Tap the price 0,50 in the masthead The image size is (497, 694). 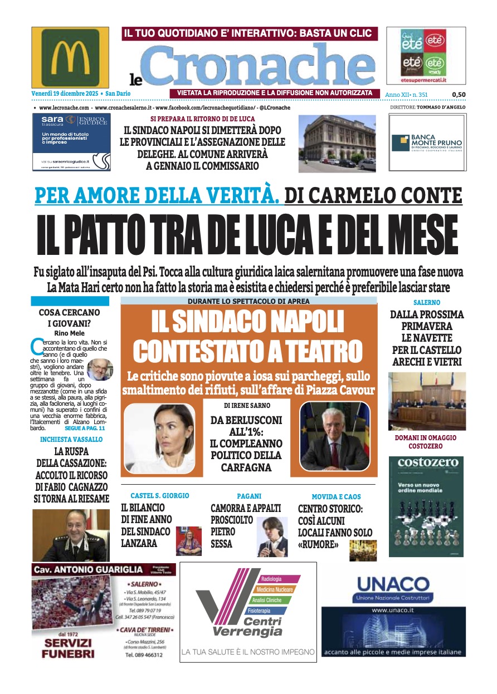point(459,95)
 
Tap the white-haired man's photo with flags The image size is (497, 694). point(334,437)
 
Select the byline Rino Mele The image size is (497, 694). point(70,333)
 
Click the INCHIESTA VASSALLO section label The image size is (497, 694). point(72,439)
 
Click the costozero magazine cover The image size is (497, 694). point(426,506)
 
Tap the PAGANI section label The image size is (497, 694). point(248,496)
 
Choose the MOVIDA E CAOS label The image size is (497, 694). point(336,496)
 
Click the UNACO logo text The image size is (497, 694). point(392,584)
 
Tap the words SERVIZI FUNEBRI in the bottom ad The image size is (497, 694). point(67,649)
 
